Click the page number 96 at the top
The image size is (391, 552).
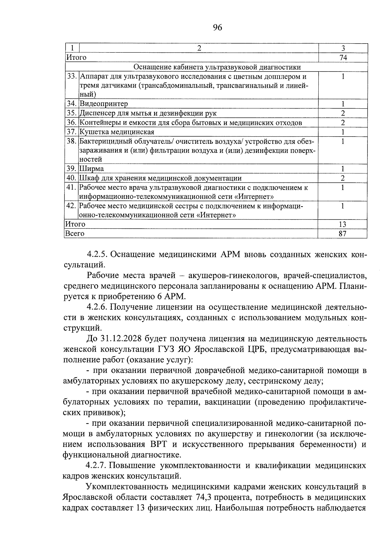click(x=217, y=28)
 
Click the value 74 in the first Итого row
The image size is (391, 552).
click(x=343, y=58)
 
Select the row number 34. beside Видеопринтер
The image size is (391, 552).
click(x=72, y=104)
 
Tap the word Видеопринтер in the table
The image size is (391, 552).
click(x=104, y=104)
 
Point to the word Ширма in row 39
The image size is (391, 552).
click(x=92, y=169)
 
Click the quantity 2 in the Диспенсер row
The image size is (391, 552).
click(x=343, y=113)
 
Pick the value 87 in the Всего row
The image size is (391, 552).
click(x=342, y=234)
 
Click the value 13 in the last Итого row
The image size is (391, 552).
click(x=342, y=224)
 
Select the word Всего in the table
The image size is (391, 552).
click(x=75, y=234)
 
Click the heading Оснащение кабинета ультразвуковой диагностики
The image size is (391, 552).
click(x=217, y=67)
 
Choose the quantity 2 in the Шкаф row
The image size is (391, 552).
click(x=343, y=178)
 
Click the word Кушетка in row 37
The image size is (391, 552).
click(x=94, y=132)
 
